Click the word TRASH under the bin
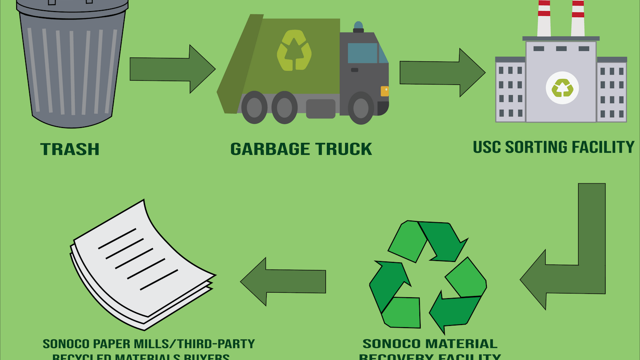70,149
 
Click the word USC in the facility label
487,147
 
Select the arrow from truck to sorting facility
442,73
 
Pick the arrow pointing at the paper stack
283,282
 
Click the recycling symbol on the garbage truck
294,50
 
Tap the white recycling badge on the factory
562,88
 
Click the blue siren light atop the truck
358,26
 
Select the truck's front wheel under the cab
361,108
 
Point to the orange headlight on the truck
384,91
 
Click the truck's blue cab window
363,53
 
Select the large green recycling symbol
428,275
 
